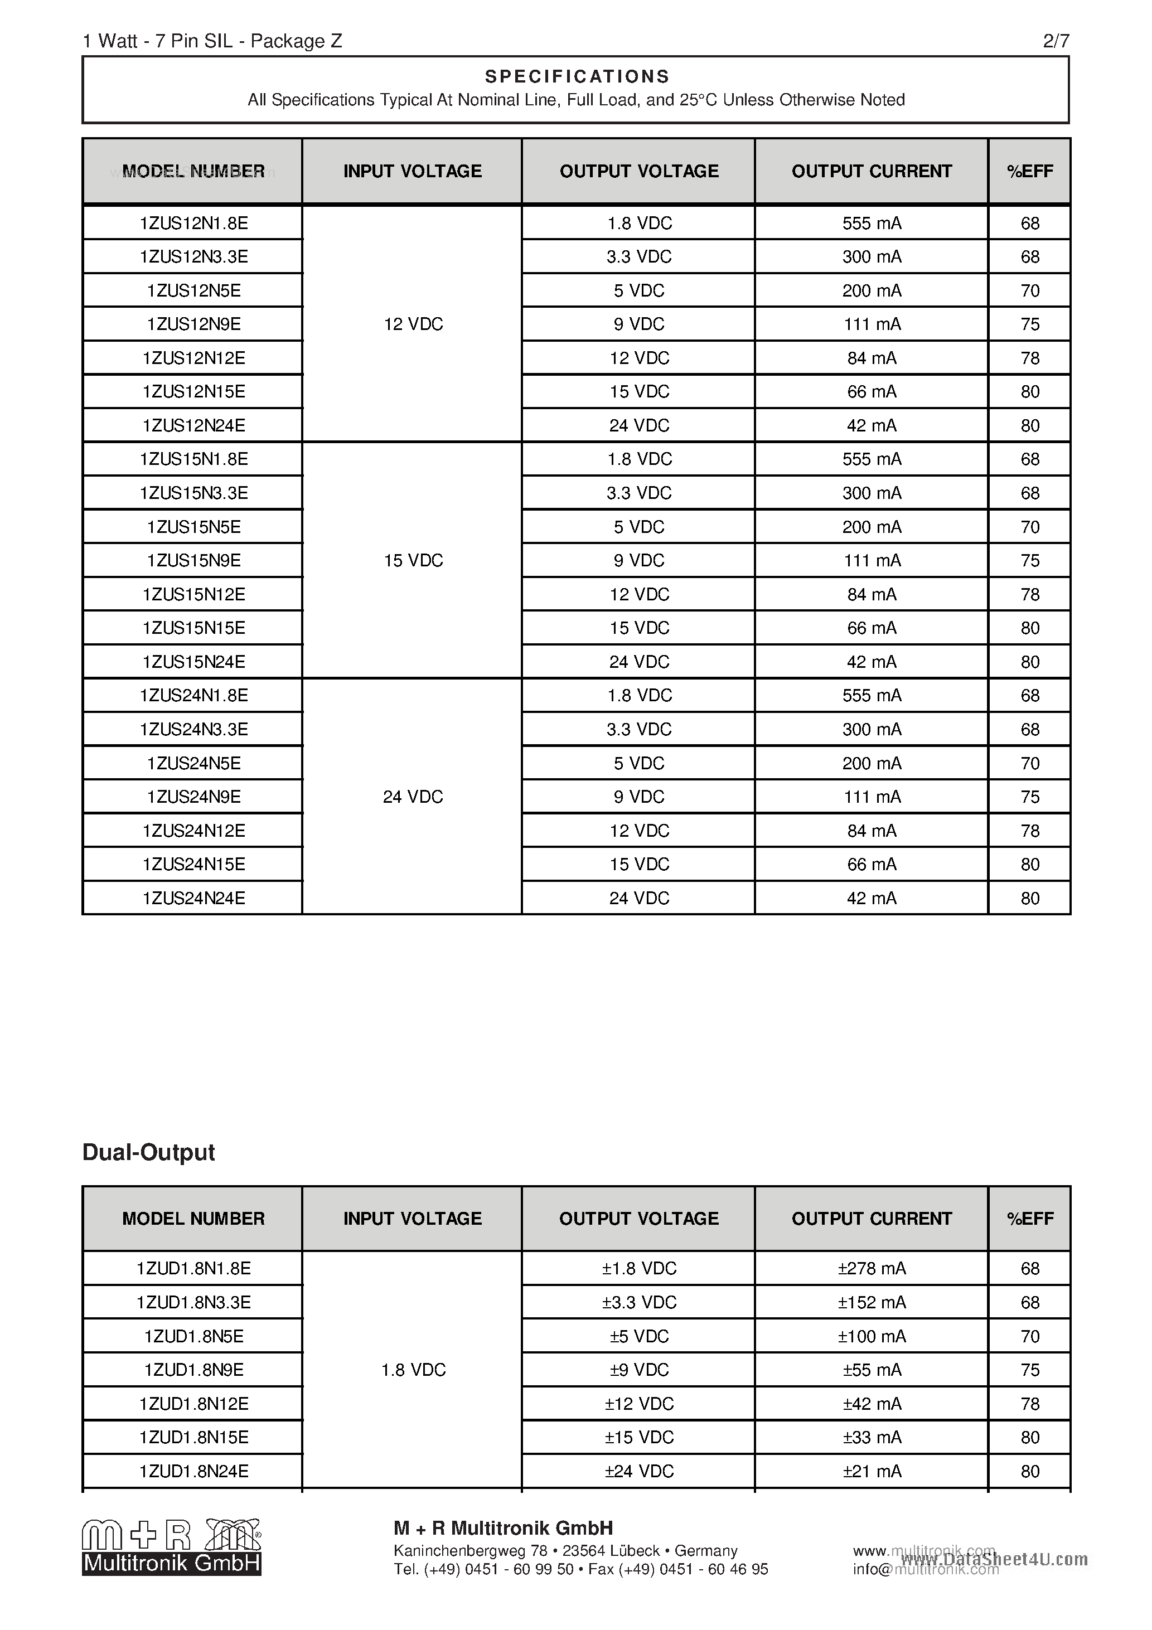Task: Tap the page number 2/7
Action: tap(1056, 41)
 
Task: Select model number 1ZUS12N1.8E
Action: tap(193, 223)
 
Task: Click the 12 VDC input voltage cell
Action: tap(413, 324)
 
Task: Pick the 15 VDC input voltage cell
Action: tap(413, 561)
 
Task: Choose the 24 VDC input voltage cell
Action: tap(413, 797)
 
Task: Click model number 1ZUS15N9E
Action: tap(193, 561)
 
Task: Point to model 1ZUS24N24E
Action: tap(193, 898)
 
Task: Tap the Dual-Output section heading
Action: tap(148, 1152)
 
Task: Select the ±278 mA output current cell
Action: tap(872, 1269)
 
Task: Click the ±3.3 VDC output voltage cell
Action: tap(638, 1302)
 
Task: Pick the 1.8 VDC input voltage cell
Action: tap(413, 1370)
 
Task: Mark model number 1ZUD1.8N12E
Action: tap(193, 1404)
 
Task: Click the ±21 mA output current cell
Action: tap(872, 1471)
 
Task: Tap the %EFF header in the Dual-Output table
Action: tap(1029, 1218)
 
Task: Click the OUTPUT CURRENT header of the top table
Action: tap(872, 171)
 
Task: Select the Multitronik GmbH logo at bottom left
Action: tap(171, 1547)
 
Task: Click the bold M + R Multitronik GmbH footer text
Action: tap(503, 1528)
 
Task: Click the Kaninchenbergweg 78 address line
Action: tap(565, 1550)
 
